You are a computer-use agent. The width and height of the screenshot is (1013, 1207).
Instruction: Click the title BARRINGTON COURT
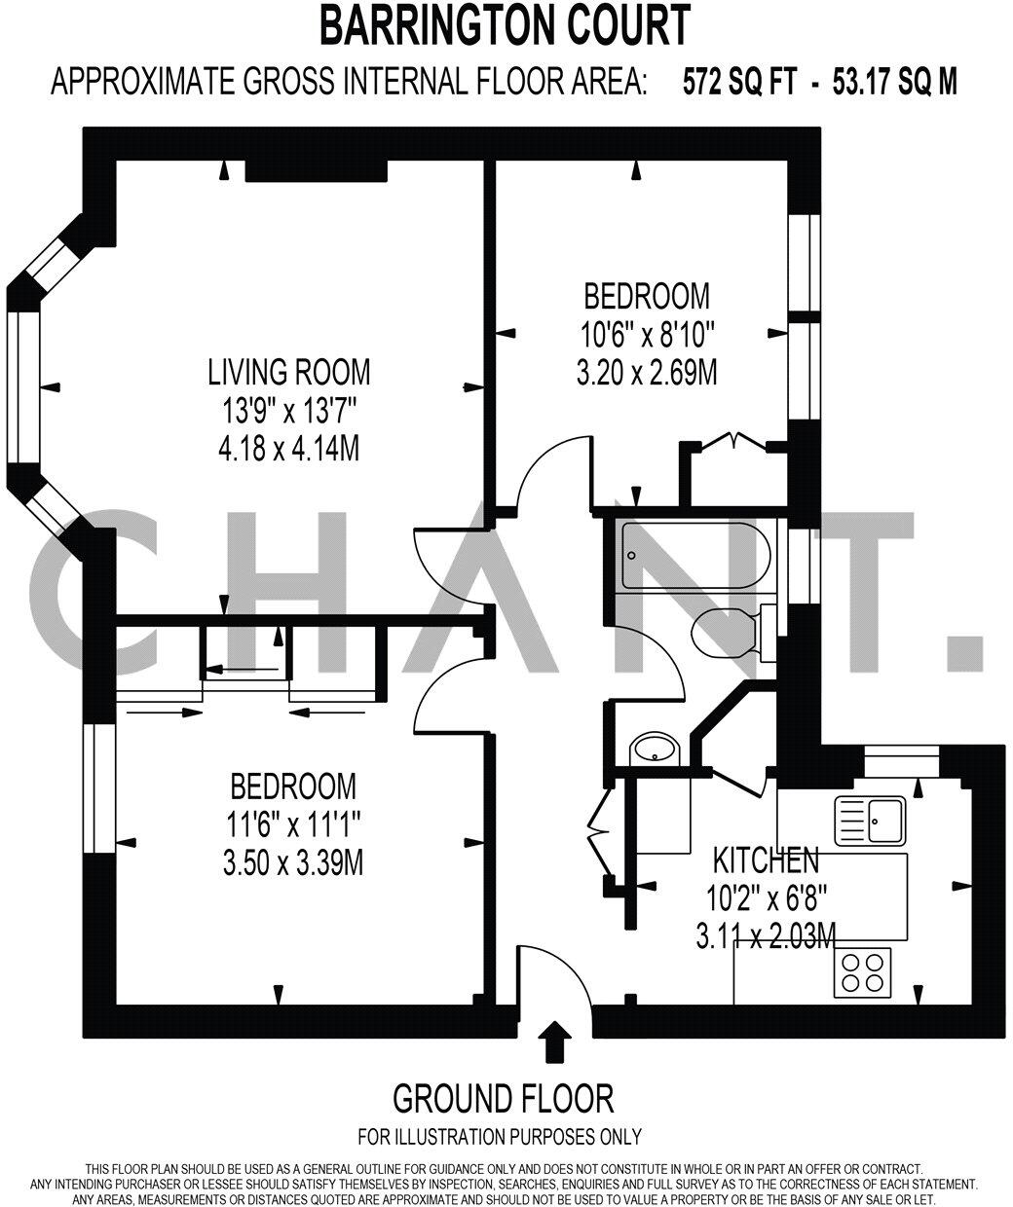point(506,26)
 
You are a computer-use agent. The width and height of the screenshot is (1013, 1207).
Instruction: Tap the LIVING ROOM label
point(289,372)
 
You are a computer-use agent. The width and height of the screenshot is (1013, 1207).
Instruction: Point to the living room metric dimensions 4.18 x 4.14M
point(289,450)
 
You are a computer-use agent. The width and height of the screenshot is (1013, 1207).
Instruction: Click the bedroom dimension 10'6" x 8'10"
point(647,335)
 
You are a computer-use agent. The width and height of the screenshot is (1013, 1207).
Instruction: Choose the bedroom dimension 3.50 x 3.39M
point(292,861)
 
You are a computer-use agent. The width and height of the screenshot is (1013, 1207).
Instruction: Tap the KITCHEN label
point(766,860)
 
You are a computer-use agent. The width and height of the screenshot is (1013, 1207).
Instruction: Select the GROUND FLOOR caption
point(503,1099)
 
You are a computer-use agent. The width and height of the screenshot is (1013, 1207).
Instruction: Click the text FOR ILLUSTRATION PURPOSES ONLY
point(500,1136)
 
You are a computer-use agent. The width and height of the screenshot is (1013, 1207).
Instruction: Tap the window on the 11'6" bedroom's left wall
point(98,787)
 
